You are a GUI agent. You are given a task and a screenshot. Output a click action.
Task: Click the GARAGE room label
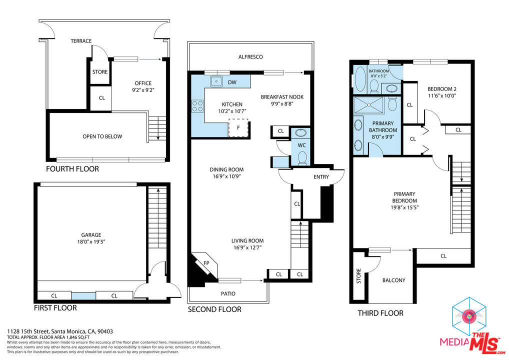pos(91,234)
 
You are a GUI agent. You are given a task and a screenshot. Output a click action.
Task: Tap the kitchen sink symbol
pos(216,81)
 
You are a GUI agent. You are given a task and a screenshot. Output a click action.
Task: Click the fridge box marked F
pos(238,127)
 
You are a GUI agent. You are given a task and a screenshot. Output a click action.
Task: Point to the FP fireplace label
pos(206,263)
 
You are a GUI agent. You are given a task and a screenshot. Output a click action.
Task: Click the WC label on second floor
pos(301,145)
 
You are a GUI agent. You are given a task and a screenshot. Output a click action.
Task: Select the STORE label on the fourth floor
pos(99,72)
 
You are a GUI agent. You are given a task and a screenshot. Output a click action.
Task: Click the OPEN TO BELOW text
pos(102,136)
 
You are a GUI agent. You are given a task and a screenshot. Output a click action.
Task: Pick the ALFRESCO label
pos(250,57)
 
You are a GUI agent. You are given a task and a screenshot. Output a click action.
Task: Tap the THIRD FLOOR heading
pos(380,313)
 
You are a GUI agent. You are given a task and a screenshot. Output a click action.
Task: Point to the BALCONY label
pos(393,280)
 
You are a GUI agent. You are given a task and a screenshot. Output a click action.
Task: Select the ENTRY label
pos(321,177)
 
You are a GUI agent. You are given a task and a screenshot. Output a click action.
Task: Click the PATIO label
pos(228,293)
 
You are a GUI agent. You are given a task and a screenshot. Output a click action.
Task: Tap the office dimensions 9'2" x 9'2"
pos(143,90)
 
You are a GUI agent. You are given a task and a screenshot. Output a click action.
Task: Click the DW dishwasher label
pos(232,82)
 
